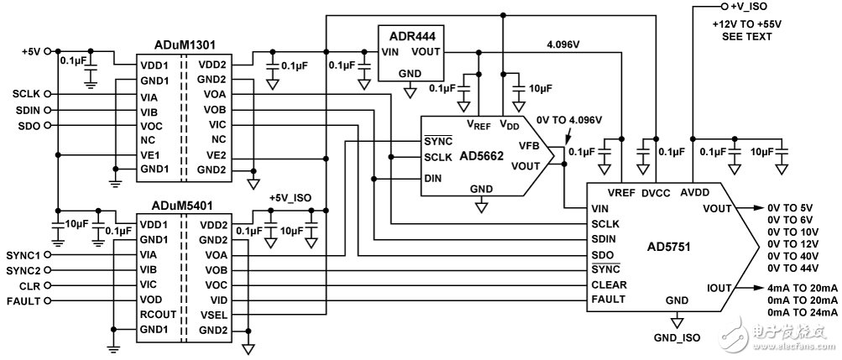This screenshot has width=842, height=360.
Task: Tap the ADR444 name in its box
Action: tap(411, 35)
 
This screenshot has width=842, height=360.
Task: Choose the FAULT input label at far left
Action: tap(25, 300)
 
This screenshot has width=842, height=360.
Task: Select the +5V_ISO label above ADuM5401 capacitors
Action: tap(290, 197)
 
